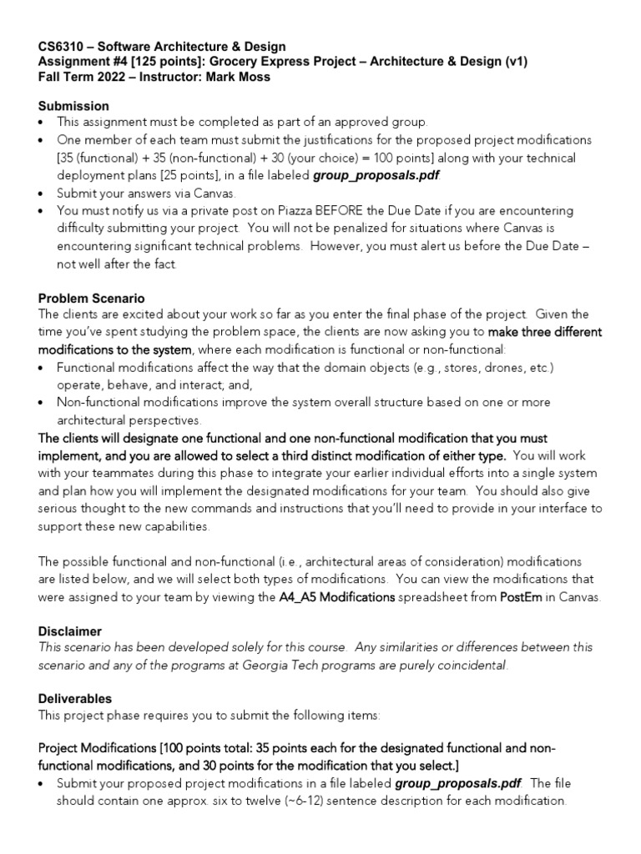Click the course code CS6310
click(x=62, y=47)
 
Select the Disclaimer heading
click(x=69, y=631)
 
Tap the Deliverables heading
click(x=75, y=697)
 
